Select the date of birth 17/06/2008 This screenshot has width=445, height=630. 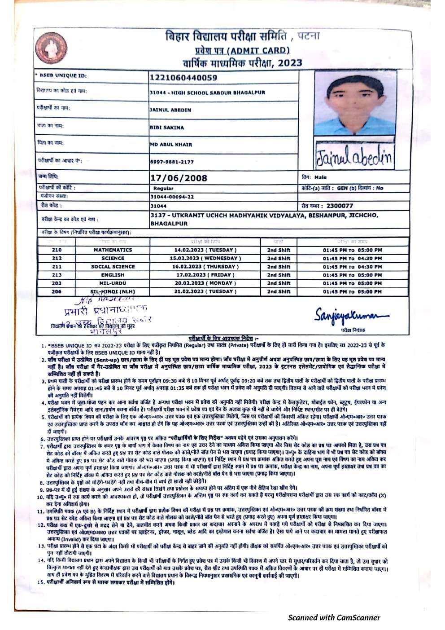[x=179, y=178]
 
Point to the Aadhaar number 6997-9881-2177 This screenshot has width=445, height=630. [x=172, y=162]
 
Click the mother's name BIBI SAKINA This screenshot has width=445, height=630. [x=166, y=128]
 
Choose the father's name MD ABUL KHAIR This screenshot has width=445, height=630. [x=170, y=145]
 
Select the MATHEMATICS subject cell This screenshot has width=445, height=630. [x=113, y=250]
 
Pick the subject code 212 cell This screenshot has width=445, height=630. [x=57, y=258]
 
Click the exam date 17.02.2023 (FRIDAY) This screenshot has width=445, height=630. [x=205, y=275]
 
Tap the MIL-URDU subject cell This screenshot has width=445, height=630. [x=113, y=283]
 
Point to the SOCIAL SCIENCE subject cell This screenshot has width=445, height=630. [x=113, y=267]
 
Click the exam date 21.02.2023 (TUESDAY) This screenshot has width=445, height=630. [x=205, y=291]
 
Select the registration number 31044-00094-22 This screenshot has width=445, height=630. [x=172, y=197]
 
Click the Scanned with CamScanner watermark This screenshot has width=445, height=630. [x=334, y=617]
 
